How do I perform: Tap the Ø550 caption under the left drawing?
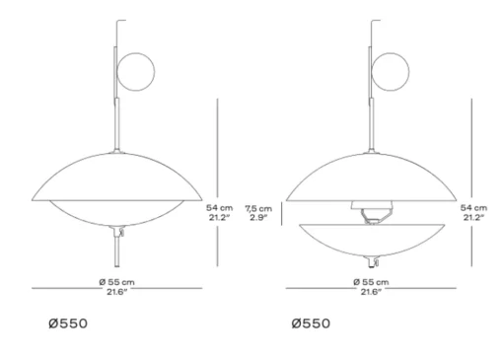coord(68,324)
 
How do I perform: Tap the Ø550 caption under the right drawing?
coord(311,324)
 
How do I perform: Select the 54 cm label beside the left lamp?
coord(219,208)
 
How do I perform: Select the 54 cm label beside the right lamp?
coord(473,208)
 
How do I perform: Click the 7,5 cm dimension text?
coord(258,208)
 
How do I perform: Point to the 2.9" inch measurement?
coord(258,217)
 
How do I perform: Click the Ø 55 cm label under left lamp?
coord(116,282)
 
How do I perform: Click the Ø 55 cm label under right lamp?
coord(371,282)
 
